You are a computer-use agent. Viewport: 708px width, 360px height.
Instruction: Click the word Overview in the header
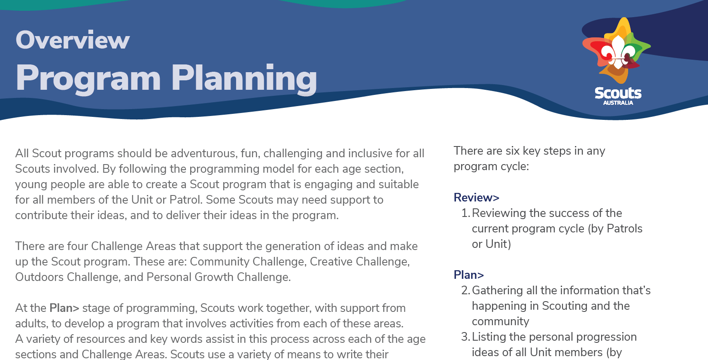coord(73,40)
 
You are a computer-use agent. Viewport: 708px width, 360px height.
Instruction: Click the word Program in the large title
coord(88,79)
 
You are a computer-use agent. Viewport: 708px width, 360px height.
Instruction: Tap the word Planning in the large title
coord(244,79)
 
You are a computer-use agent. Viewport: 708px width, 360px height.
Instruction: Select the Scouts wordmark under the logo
coord(618,93)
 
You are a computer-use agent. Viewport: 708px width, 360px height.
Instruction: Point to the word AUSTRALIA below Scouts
coord(618,103)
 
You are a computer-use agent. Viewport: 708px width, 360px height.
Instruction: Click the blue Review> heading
coord(476,198)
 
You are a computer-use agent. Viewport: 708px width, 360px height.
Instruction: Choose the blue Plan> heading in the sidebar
coord(468,275)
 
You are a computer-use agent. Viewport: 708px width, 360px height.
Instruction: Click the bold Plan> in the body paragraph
coord(64,308)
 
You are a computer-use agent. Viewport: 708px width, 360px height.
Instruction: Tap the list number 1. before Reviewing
coord(465,213)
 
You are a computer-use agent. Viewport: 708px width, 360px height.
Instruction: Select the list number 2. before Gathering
coord(465,290)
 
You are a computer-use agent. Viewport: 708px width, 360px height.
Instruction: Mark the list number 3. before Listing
coord(465,337)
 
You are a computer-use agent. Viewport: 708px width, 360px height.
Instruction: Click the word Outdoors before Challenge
coord(40,277)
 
